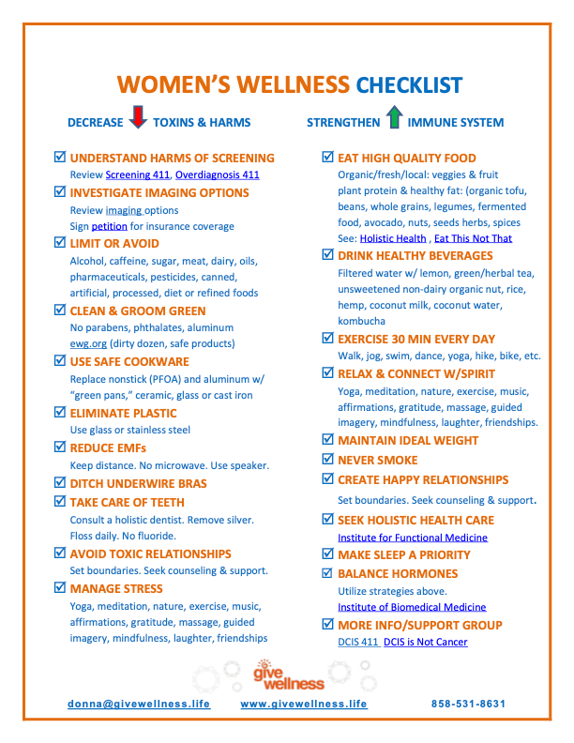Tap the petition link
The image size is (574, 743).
point(109,226)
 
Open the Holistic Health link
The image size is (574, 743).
point(392,238)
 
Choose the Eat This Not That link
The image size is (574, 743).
point(473,238)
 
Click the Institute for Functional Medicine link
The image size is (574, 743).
point(413,538)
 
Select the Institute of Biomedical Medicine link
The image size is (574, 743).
point(412,607)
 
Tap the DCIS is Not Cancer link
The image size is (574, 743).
point(425,642)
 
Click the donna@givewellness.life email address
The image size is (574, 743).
point(139,704)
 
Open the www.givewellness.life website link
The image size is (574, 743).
point(304,704)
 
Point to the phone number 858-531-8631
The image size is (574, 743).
point(468,704)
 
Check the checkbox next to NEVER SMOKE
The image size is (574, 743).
point(327,460)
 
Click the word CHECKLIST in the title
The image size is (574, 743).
point(409,85)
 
